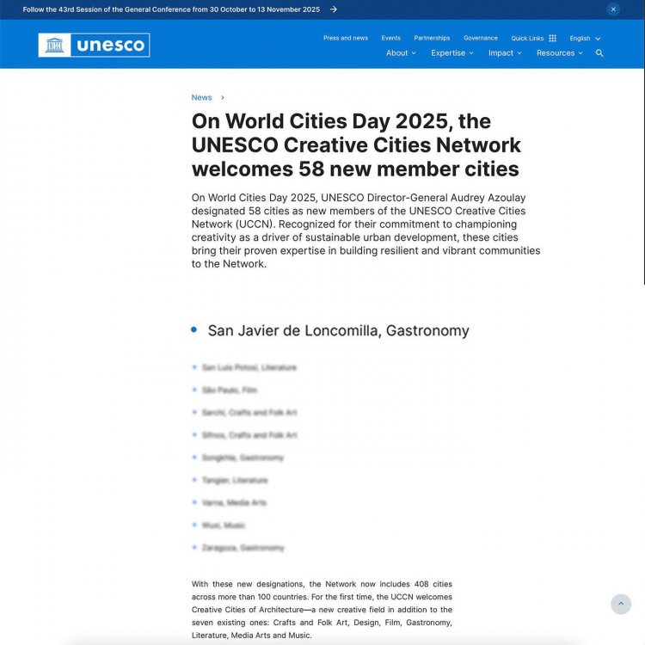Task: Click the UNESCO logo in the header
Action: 94,45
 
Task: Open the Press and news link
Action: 346,38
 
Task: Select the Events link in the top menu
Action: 391,38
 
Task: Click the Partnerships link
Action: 432,38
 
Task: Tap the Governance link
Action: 481,38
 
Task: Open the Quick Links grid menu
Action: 534,38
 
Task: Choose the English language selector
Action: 585,38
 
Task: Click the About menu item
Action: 401,53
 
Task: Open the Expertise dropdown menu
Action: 452,53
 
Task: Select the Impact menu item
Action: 505,53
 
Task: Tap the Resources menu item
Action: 560,53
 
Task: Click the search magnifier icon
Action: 599,53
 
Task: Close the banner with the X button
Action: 613,9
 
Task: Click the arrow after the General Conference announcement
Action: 334,9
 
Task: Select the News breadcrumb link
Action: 201,97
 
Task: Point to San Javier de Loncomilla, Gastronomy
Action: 338,330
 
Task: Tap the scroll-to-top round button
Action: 621,604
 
